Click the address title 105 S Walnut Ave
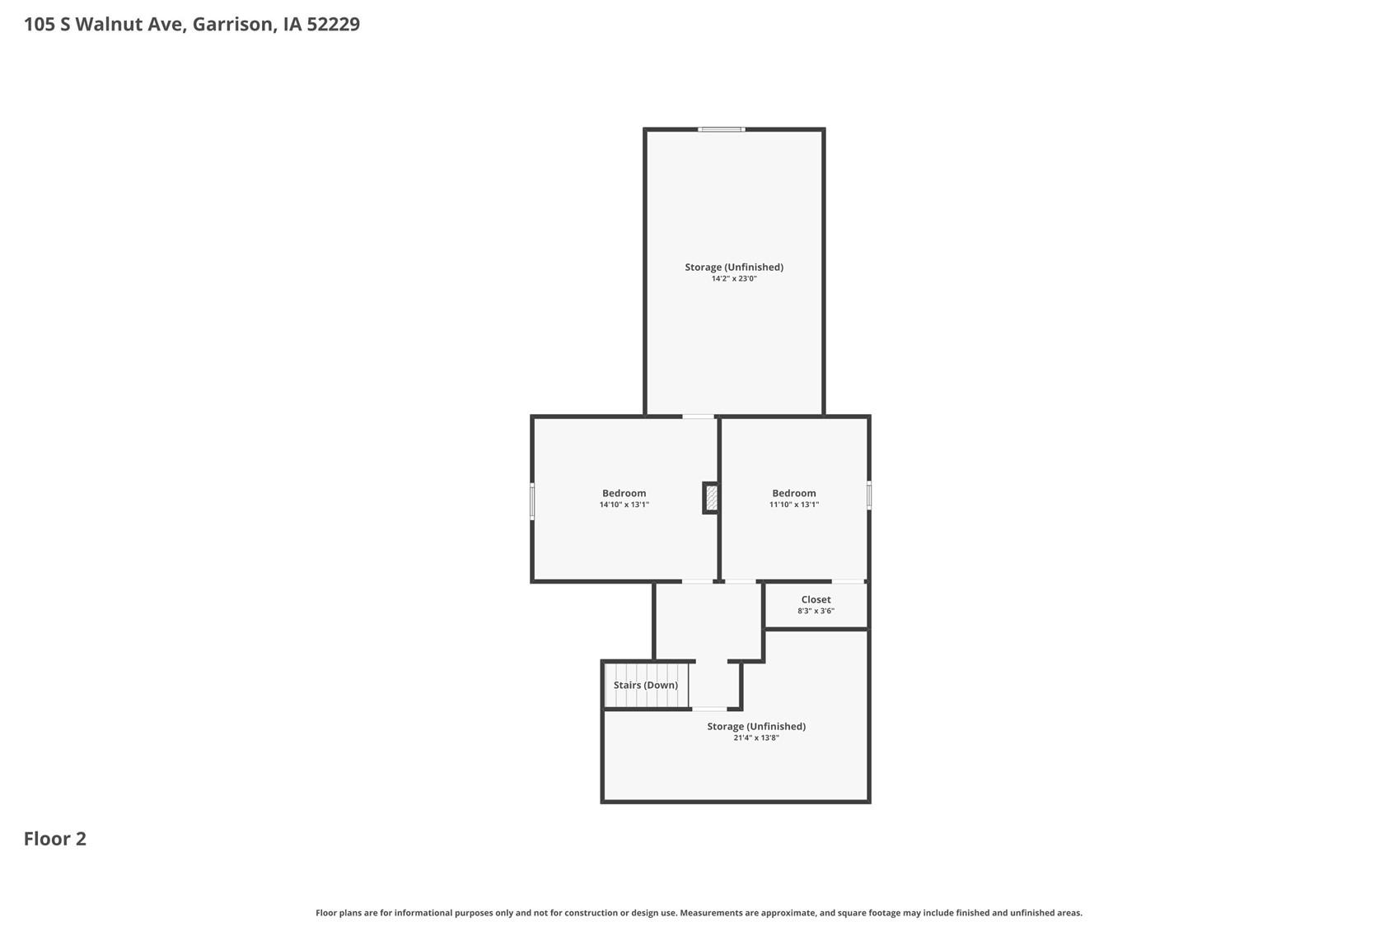pos(191,24)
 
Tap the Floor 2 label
pos(54,838)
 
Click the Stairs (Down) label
pos(645,685)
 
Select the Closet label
pos(816,599)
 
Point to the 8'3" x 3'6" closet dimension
pos(816,611)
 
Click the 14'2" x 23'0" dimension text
pos(733,279)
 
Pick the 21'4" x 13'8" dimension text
pos(755,738)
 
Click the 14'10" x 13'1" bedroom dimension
pos(624,505)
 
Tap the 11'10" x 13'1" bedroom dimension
pos(793,505)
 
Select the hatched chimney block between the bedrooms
pos(712,498)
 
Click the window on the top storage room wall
pos(722,129)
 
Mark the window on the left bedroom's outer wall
pos(532,501)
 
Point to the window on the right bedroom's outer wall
pos(868,496)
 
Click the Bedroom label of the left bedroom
pos(624,493)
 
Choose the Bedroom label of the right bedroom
pos(793,493)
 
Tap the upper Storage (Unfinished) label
pos(733,267)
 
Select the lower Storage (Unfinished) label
pos(755,726)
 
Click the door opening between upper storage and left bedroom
pos(698,417)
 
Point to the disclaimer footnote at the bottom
pos(699,912)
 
